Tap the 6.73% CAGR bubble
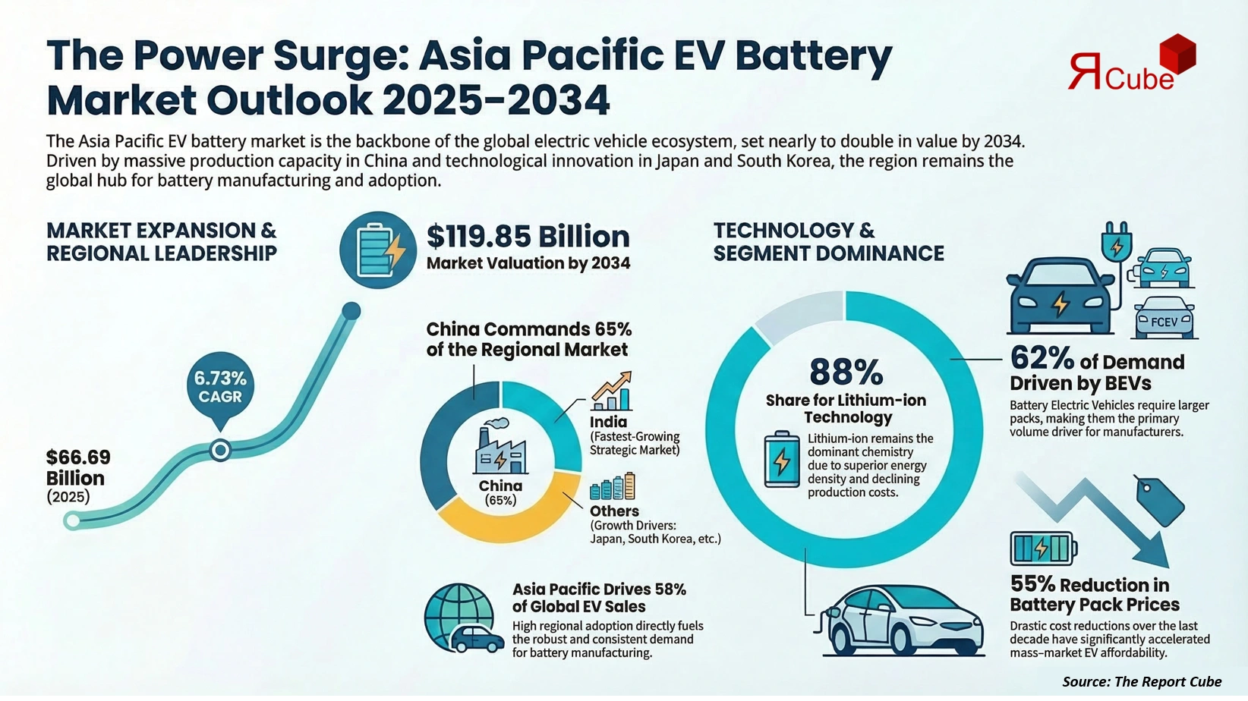pos(220,386)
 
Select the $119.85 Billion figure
pos(528,237)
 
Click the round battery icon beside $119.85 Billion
pos(377,250)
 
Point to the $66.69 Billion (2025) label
pos(78,476)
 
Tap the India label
pos(609,422)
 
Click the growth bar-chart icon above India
pos(612,391)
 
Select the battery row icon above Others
pos(612,486)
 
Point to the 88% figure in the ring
pos(846,373)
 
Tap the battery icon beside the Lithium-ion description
pos(781,459)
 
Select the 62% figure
pos(1042,358)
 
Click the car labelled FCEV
pos(1164,319)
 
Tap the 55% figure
pos(1032,584)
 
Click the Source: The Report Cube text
pos(1142,681)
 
